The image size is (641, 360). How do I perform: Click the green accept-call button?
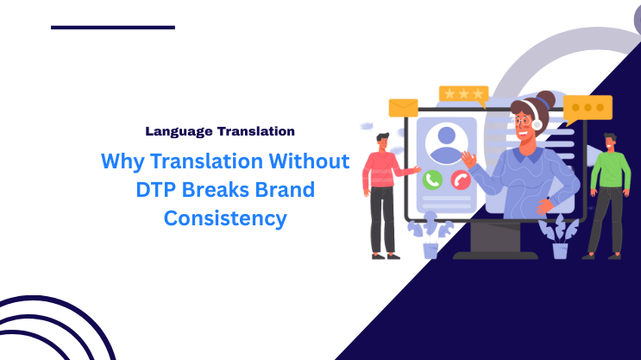click(433, 180)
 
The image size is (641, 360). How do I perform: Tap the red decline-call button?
click(461, 180)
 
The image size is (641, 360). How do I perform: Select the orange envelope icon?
click(403, 108)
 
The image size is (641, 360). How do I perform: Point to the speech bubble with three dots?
click(588, 108)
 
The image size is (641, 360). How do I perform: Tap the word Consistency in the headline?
click(225, 218)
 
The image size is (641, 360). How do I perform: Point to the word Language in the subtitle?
click(178, 131)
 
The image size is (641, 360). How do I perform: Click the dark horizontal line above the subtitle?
click(112, 28)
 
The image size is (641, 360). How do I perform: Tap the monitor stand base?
click(495, 254)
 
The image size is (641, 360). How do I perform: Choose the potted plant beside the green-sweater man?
click(558, 235)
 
